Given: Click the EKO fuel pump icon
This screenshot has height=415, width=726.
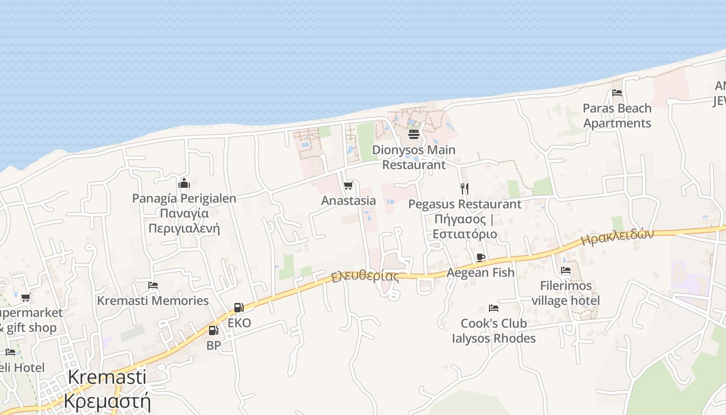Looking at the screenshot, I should (x=239, y=308).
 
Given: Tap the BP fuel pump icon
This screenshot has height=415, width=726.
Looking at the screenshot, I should (x=213, y=330).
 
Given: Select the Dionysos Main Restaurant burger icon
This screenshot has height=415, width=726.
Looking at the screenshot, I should (x=414, y=134).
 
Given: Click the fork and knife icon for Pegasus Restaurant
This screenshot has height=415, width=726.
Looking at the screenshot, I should (x=465, y=189).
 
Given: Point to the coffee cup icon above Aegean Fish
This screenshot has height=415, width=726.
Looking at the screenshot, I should (x=481, y=257).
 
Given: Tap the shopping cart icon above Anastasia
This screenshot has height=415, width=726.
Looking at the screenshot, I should (x=348, y=185).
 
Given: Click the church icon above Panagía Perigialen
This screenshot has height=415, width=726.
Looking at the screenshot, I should (x=184, y=183).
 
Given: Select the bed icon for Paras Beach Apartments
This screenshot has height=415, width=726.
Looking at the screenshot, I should (x=617, y=93).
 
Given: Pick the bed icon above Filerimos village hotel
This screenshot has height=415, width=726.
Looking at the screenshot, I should (x=566, y=270).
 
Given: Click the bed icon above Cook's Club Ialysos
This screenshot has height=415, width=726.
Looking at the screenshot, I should (x=494, y=308).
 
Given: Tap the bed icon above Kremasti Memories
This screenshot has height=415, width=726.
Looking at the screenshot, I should (x=153, y=285).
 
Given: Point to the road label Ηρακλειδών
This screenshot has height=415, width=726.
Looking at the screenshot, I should (x=618, y=237).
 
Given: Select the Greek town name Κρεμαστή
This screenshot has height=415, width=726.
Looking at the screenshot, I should (x=107, y=401).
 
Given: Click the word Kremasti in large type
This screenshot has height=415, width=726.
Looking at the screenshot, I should (x=107, y=377).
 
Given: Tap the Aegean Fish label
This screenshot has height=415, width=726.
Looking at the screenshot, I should (x=481, y=272).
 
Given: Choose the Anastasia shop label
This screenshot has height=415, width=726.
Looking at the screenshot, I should (x=348, y=200).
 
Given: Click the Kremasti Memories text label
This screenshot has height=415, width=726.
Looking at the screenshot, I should (x=153, y=300).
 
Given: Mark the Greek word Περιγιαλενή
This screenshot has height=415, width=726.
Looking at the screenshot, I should (x=184, y=228).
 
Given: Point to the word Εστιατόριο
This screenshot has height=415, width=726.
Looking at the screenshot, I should (x=465, y=234).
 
